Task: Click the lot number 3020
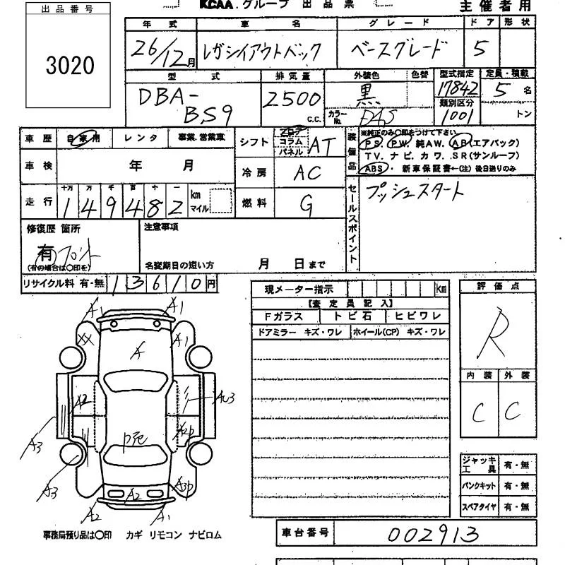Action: (x=69, y=66)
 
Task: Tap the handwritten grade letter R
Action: (x=489, y=331)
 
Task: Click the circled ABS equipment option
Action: (x=372, y=169)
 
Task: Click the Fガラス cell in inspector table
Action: (x=277, y=317)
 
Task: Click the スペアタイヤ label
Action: (x=480, y=506)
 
